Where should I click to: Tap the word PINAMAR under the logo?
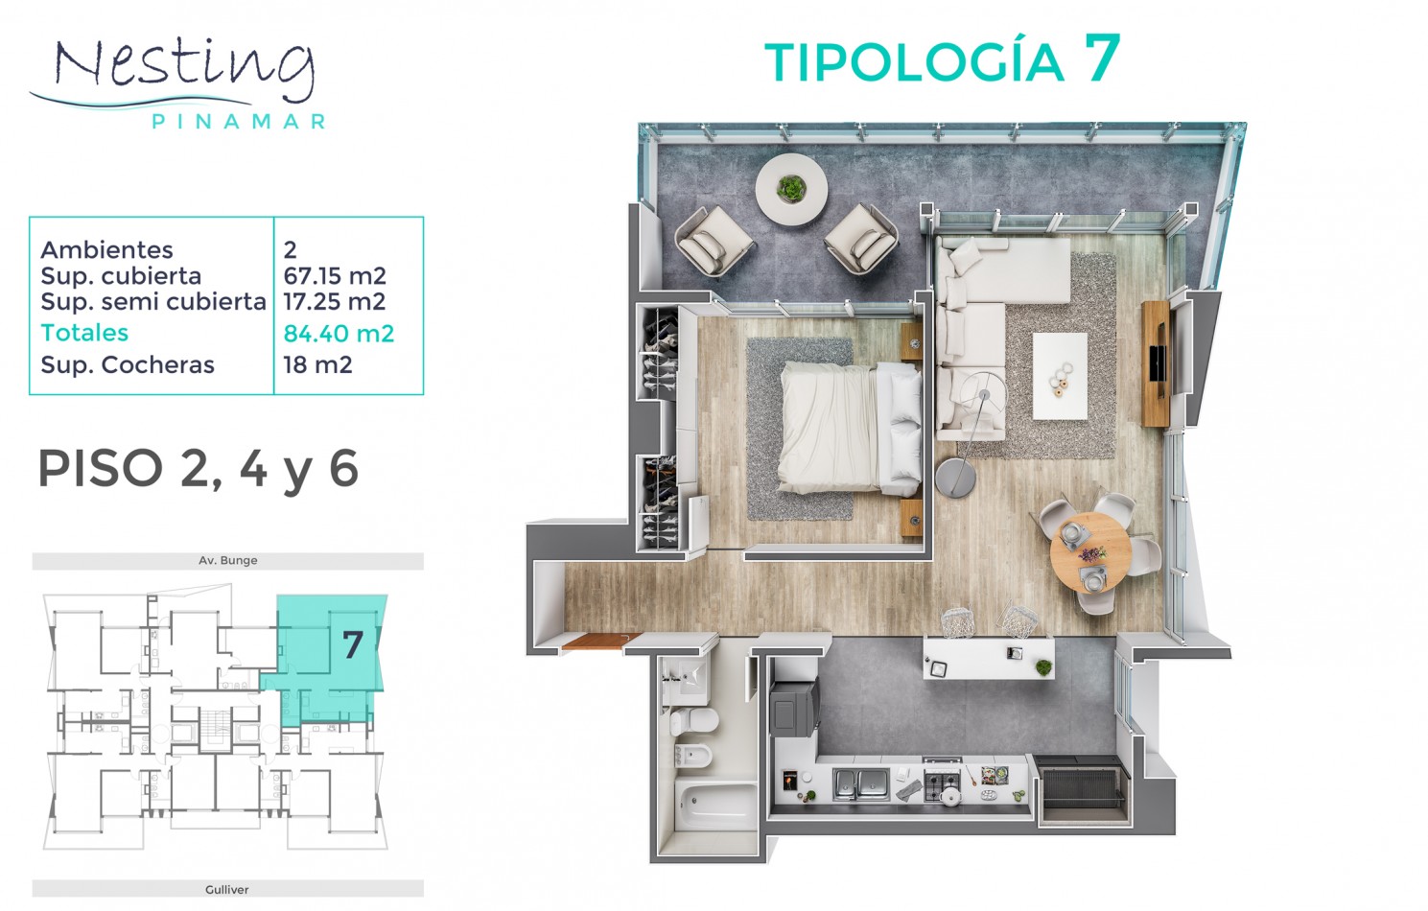pyautogui.click(x=239, y=121)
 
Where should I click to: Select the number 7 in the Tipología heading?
pyautogui.click(x=1102, y=58)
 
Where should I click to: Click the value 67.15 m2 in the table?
pyautogui.click(x=335, y=276)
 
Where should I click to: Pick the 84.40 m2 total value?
pyautogui.click(x=339, y=333)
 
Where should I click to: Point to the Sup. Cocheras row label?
pyautogui.click(x=128, y=364)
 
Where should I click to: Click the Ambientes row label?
pyautogui.click(x=106, y=249)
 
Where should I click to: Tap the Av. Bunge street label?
pyautogui.click(x=228, y=560)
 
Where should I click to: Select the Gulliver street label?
pyautogui.click(x=227, y=889)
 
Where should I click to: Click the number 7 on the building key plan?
pyautogui.click(x=353, y=644)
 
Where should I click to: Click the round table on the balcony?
pyautogui.click(x=792, y=190)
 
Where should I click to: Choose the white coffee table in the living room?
pyautogui.click(x=1060, y=376)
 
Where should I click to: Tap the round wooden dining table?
pyautogui.click(x=1090, y=553)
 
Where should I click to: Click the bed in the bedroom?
pyautogui.click(x=850, y=427)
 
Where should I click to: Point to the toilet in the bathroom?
pyautogui.click(x=692, y=721)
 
